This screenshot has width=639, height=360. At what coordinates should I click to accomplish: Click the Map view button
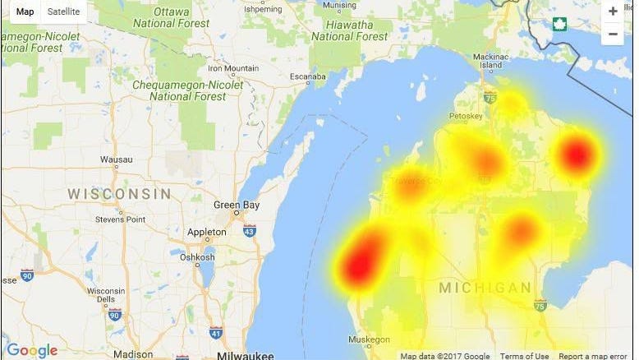click(25, 12)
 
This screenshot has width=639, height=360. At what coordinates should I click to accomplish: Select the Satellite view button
click(64, 12)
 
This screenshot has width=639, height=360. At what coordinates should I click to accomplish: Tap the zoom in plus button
click(613, 12)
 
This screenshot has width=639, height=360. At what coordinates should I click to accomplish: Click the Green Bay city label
click(237, 205)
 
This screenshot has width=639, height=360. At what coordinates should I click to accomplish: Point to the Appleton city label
click(206, 233)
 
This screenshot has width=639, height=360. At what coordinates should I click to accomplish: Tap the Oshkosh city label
click(197, 256)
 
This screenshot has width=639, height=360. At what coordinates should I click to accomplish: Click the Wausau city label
click(116, 159)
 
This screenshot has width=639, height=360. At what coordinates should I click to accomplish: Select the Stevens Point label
click(120, 219)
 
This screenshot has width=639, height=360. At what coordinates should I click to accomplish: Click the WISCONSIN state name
click(119, 194)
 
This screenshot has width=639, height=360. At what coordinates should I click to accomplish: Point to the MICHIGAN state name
click(485, 288)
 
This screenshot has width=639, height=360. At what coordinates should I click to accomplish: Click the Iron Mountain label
click(233, 68)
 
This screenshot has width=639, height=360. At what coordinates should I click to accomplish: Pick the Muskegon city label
click(369, 339)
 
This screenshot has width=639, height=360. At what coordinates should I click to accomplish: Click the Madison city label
click(133, 354)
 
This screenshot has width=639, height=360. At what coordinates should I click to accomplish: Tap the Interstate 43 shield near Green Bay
click(250, 231)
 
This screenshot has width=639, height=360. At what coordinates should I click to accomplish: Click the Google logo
click(33, 351)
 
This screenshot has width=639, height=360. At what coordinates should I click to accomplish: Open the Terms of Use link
click(524, 356)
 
